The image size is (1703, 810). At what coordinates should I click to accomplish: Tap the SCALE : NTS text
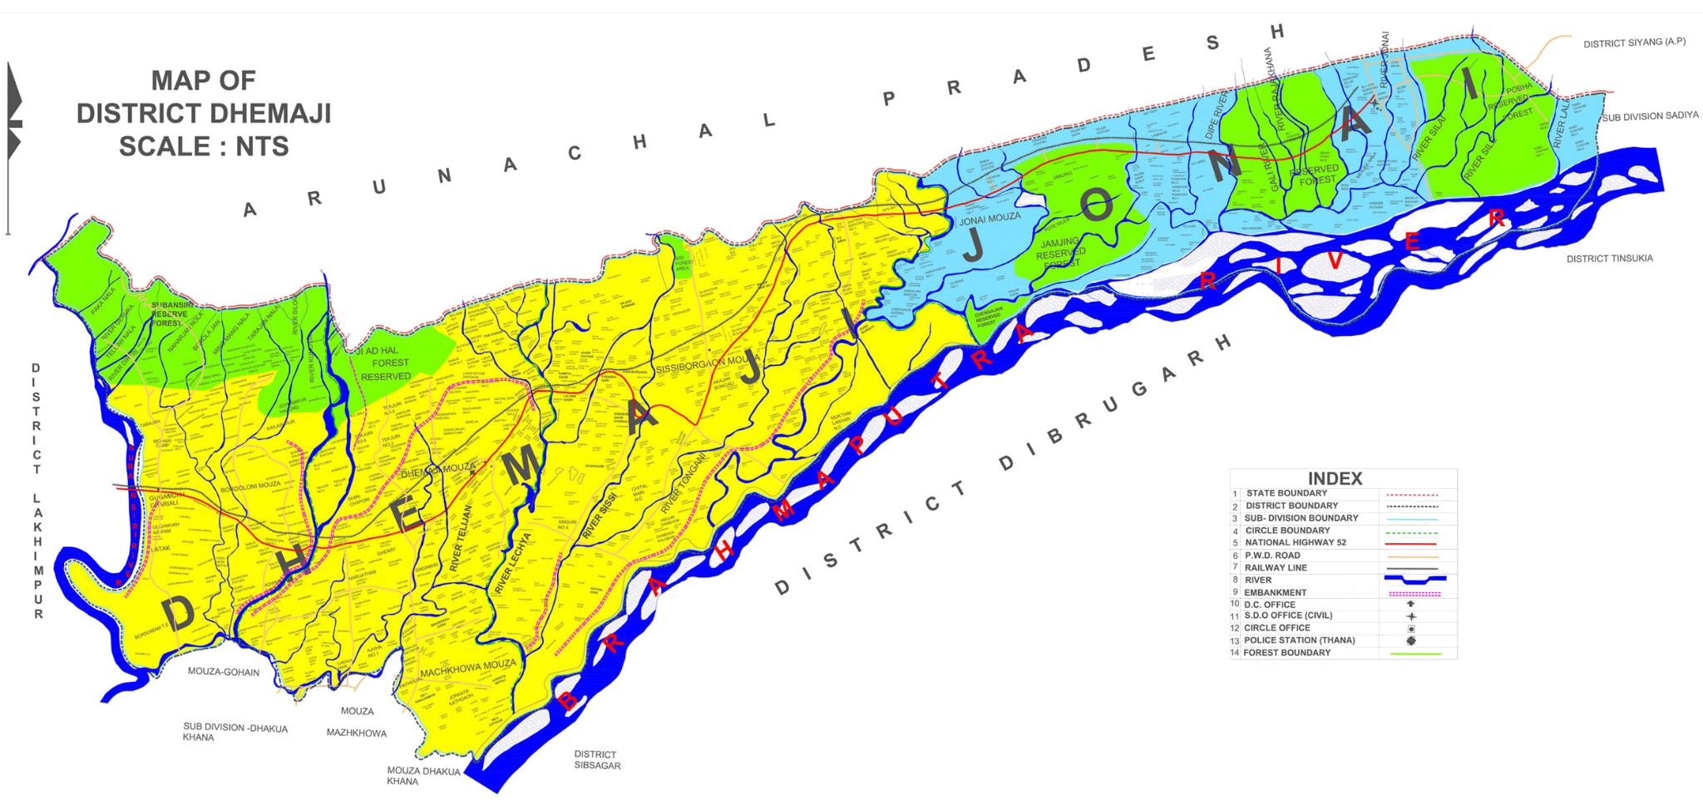(x=204, y=146)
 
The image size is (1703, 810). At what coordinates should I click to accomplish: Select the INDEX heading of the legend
(x=1335, y=478)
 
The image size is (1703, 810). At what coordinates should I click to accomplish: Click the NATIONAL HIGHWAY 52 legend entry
(x=1295, y=542)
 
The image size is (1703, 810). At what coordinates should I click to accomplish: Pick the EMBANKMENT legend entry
(x=1275, y=592)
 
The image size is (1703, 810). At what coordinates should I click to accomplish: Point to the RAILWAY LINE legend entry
(x=1276, y=567)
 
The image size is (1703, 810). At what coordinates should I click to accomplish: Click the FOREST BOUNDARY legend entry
(x=1286, y=653)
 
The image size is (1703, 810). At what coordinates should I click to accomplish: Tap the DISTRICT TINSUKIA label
(x=1609, y=259)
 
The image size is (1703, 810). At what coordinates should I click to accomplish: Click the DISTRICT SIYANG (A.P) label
(x=1634, y=42)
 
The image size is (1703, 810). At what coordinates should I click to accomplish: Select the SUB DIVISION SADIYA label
(x=1650, y=116)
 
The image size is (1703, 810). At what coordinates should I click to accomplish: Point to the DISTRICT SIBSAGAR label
(x=596, y=759)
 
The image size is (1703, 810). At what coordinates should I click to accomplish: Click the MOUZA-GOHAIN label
(x=223, y=672)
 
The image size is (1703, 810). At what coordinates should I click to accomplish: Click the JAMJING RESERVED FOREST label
(x=1060, y=253)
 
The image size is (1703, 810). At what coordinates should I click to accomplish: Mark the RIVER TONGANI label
(x=683, y=484)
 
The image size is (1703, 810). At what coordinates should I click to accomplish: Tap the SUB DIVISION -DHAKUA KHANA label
(x=235, y=733)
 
